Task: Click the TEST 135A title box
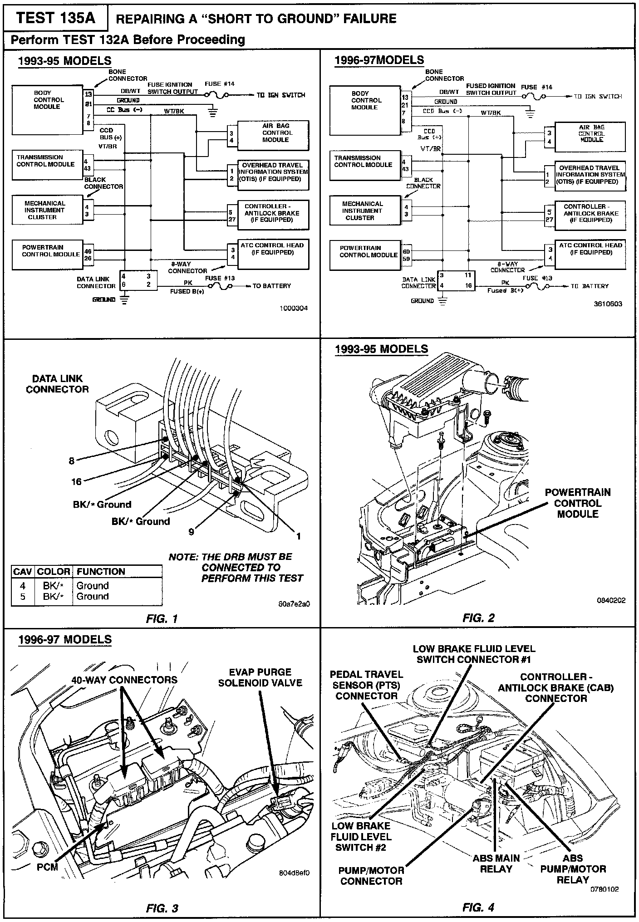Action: pos(55,18)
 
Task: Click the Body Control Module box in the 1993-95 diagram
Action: pos(47,109)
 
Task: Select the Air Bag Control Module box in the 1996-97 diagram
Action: pos(590,137)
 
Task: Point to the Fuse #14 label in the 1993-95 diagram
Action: pos(220,84)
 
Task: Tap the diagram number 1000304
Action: pos(294,308)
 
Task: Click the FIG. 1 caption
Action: pos(162,618)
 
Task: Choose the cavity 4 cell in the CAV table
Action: pos(23,586)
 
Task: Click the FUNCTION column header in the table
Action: pos(101,571)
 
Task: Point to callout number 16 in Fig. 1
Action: pos(76,481)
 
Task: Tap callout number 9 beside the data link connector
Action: pos(192,531)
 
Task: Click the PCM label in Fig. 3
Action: pos(47,867)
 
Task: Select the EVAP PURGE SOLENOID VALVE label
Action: pos(260,677)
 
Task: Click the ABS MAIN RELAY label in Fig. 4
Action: pos(496,863)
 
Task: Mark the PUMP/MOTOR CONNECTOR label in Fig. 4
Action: pos(371,876)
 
